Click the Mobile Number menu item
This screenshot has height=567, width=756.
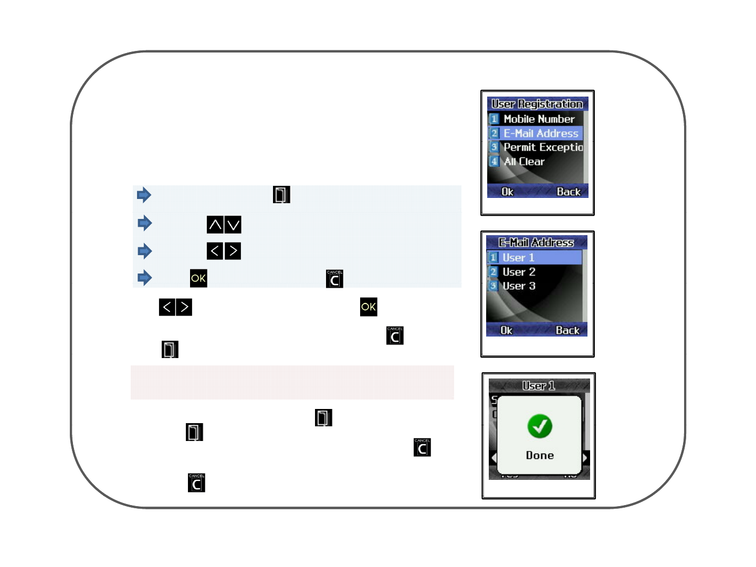point(539,119)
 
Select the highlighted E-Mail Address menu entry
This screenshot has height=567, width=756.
point(540,133)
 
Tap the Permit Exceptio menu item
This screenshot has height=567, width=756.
point(543,148)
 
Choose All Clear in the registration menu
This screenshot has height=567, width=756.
point(524,162)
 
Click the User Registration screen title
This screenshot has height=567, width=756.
point(537,104)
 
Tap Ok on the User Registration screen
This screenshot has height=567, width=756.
point(507,192)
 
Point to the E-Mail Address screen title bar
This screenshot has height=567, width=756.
point(536,243)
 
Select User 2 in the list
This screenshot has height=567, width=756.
point(519,272)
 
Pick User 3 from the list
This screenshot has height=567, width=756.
point(519,286)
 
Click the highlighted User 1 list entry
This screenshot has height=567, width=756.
point(518,258)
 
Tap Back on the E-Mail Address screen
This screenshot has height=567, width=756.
point(568,330)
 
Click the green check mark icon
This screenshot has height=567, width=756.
point(540,426)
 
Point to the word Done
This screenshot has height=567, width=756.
point(540,455)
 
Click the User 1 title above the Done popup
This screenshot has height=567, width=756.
point(539,386)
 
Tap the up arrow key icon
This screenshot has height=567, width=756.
point(215,225)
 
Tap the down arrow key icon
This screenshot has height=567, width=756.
point(233,225)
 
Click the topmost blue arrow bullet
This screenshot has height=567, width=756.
point(144,195)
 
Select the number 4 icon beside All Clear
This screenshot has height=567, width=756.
point(494,162)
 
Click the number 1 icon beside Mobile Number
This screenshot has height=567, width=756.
point(494,119)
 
